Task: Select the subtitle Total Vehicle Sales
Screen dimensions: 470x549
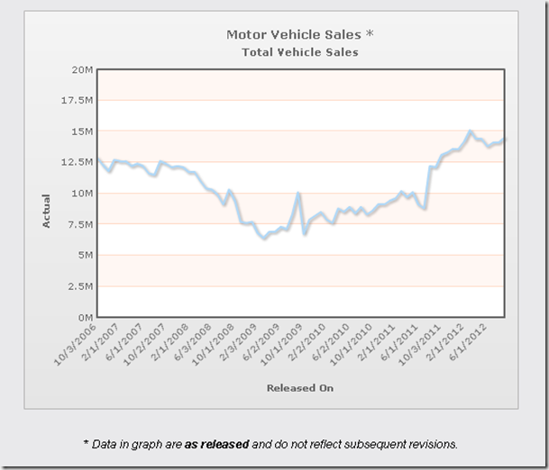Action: (x=299, y=52)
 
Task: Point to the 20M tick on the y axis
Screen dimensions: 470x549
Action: (x=81, y=69)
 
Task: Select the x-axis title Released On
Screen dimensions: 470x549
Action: (x=299, y=388)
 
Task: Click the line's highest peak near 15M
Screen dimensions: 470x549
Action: (x=470, y=131)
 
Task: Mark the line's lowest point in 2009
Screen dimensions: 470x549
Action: (x=263, y=239)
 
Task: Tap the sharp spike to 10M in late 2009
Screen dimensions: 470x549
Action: (x=298, y=194)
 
